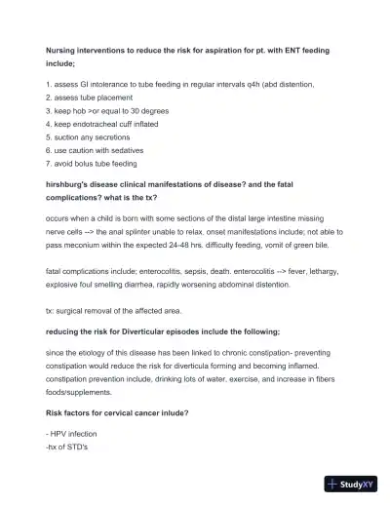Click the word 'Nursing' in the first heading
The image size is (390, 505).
tap(61, 49)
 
